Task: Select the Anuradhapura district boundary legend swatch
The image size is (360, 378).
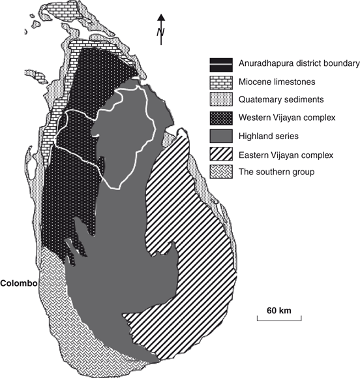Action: [222, 64]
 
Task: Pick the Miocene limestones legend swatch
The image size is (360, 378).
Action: [222, 82]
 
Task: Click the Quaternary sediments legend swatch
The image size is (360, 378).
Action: [222, 101]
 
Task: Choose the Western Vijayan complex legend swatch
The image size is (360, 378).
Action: [222, 119]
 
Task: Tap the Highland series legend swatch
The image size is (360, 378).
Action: [222, 137]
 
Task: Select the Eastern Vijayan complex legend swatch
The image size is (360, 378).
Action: [222, 155]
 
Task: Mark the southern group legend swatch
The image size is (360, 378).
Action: [222, 174]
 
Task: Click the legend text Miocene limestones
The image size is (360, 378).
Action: [277, 82]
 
